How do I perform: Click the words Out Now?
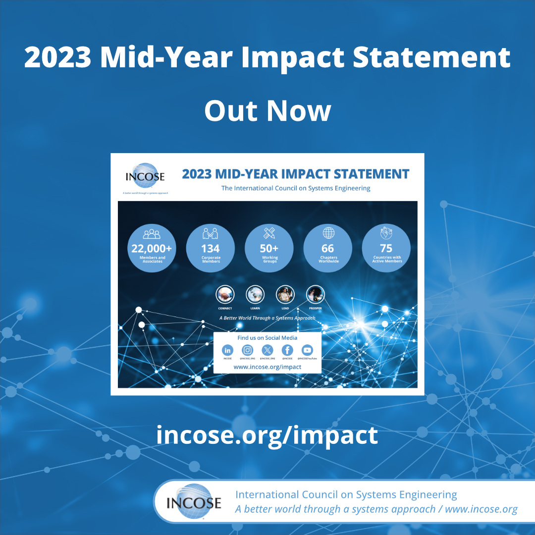point(267,110)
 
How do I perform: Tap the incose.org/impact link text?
point(267,435)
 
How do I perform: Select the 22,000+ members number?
point(152,249)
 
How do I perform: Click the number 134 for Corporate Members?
point(211,249)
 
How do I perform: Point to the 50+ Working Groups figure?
point(269,249)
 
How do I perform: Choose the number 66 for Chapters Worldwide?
point(328,249)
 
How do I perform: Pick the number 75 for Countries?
point(386,249)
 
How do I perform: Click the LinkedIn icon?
point(227,350)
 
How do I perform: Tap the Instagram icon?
point(247,350)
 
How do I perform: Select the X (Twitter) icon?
point(267,350)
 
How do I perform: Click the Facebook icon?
point(287,350)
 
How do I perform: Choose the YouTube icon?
point(307,350)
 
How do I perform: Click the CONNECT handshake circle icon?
point(225,295)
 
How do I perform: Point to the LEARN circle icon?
point(255,295)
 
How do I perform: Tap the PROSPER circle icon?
point(315,295)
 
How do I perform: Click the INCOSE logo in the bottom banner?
point(194,502)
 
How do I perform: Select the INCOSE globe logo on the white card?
point(145,176)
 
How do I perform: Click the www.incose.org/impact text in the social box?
point(267,367)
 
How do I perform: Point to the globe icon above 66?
point(328,233)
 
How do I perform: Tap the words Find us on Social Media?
point(267,338)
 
